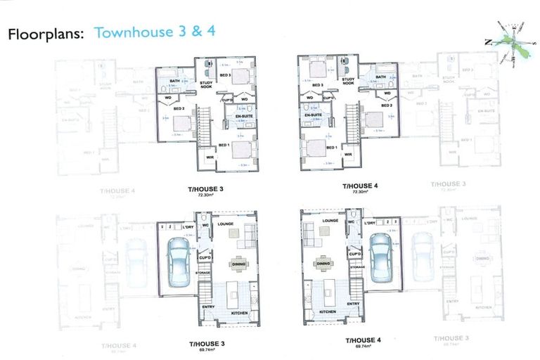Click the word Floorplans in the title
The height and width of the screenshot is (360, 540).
pos(46,33)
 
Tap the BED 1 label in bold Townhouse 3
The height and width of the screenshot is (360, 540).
pos(224,145)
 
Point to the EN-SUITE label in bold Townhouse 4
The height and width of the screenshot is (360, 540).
pos(313,115)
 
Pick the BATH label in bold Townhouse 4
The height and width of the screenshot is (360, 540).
pos(380,77)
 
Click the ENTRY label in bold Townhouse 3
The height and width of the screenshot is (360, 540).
pos(209,306)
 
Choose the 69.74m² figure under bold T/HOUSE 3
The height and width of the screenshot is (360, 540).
pos(206,349)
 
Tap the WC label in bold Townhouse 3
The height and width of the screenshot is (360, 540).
pos(205,226)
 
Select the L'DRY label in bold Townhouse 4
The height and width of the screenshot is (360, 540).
pos(371,223)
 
